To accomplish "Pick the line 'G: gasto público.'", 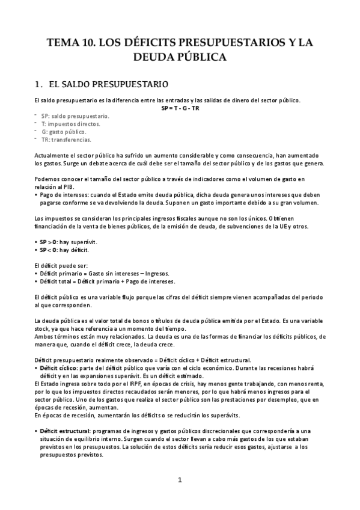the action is coord(64,132).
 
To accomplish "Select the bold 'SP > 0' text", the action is coord(50,241).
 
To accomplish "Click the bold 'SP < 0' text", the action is coord(50,250).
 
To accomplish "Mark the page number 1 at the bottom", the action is coord(180,479).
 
